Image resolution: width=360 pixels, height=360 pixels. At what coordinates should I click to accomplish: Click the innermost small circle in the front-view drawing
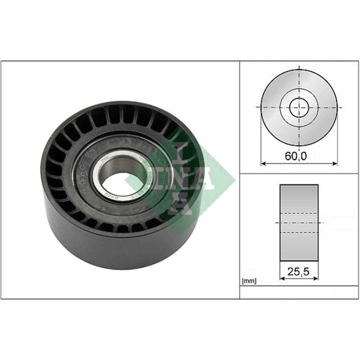(298, 108)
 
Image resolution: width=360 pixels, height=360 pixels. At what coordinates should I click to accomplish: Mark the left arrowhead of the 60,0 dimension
(263, 164)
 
